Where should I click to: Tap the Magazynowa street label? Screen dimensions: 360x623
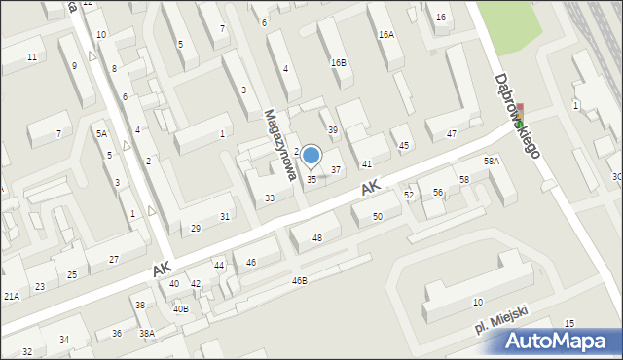278,145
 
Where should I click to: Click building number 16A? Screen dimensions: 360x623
386,34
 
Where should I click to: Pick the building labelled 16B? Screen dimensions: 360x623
338,62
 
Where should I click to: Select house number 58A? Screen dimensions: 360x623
492,162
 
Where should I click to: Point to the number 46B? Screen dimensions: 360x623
299,280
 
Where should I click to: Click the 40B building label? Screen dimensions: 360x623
180,308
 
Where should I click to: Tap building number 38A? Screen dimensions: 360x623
147,333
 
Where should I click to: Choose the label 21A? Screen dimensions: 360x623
11,296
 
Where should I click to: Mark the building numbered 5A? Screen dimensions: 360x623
101,132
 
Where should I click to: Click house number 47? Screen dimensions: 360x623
451,133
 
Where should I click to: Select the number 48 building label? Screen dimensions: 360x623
316,238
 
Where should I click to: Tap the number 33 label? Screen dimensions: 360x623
270,198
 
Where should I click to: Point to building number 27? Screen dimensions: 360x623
114,259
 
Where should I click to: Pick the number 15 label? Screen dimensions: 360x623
568,323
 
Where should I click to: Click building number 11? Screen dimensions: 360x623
32,57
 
